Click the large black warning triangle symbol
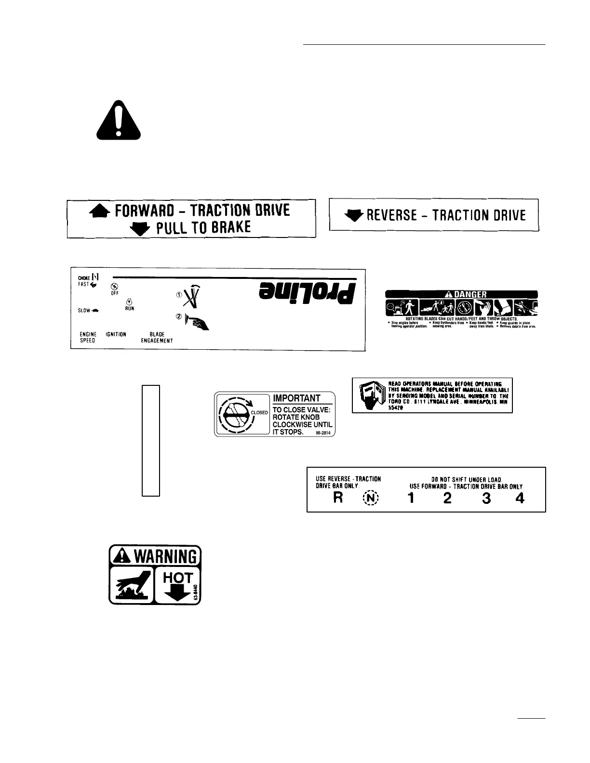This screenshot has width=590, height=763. point(119,120)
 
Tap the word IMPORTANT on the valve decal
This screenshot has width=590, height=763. point(296,398)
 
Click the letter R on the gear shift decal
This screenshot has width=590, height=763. point(338,498)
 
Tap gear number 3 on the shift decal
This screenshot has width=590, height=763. point(486,498)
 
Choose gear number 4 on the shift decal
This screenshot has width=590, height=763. point(520,498)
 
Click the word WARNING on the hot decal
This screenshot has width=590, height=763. point(165,557)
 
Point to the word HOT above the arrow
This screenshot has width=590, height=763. point(178,577)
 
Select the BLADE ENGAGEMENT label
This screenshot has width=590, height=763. point(157,337)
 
